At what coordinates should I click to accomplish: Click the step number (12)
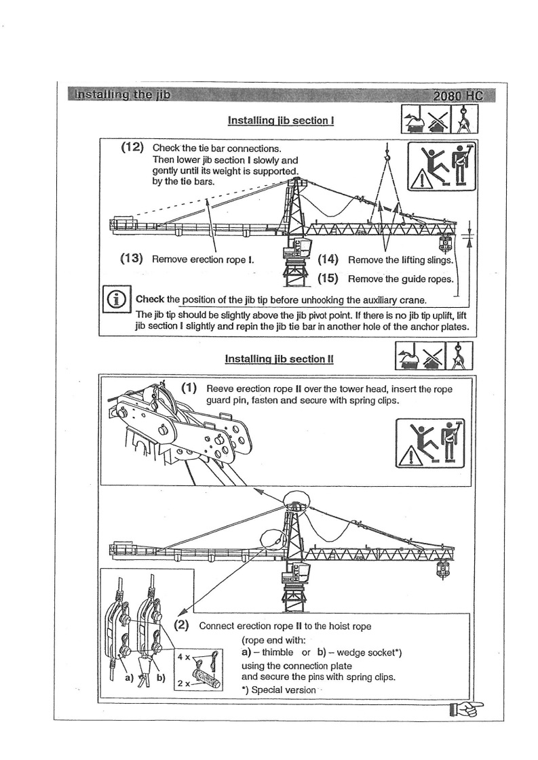[x=132, y=147]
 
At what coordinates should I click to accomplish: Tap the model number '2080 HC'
[x=458, y=96]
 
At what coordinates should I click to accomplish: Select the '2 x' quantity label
[x=182, y=683]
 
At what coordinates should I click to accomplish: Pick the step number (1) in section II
[x=189, y=388]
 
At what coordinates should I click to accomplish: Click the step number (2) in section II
[x=182, y=625]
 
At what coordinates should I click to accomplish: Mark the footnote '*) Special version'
[x=278, y=689]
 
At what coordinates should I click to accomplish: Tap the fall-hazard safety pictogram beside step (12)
[x=442, y=167]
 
